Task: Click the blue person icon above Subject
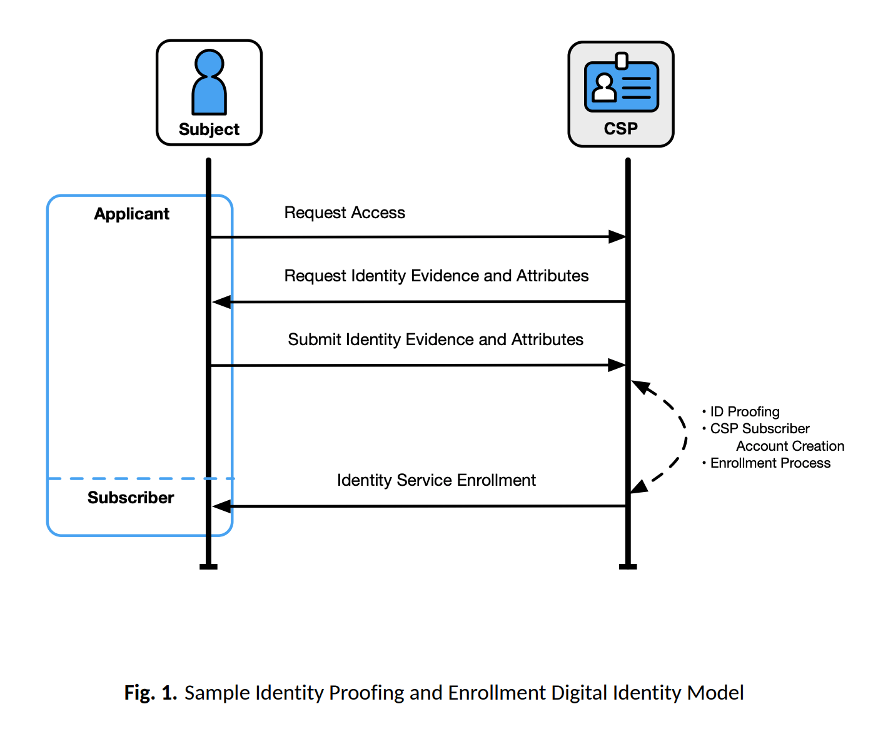pyautogui.click(x=209, y=82)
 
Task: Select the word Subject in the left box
pyautogui.click(x=209, y=129)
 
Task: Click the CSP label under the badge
pyautogui.click(x=621, y=129)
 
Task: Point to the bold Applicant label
pyautogui.click(x=131, y=214)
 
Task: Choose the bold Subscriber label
pyautogui.click(x=131, y=498)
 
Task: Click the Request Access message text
pyautogui.click(x=345, y=213)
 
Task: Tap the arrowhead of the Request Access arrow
pyautogui.click(x=617, y=237)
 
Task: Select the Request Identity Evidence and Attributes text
pyautogui.click(x=436, y=276)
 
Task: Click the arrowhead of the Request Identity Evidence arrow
pyautogui.click(x=221, y=302)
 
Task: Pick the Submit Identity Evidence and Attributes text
pyautogui.click(x=435, y=339)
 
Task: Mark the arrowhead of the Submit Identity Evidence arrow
pyautogui.click(x=617, y=365)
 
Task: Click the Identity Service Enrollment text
pyautogui.click(x=436, y=480)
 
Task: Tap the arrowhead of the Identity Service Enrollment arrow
pyautogui.click(x=221, y=506)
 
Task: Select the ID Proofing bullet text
pyautogui.click(x=744, y=412)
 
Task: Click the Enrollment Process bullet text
pyautogui.click(x=770, y=463)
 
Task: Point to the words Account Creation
pyautogui.click(x=790, y=446)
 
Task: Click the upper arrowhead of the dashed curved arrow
pyautogui.click(x=640, y=386)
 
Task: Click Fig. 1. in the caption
pyautogui.click(x=150, y=693)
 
